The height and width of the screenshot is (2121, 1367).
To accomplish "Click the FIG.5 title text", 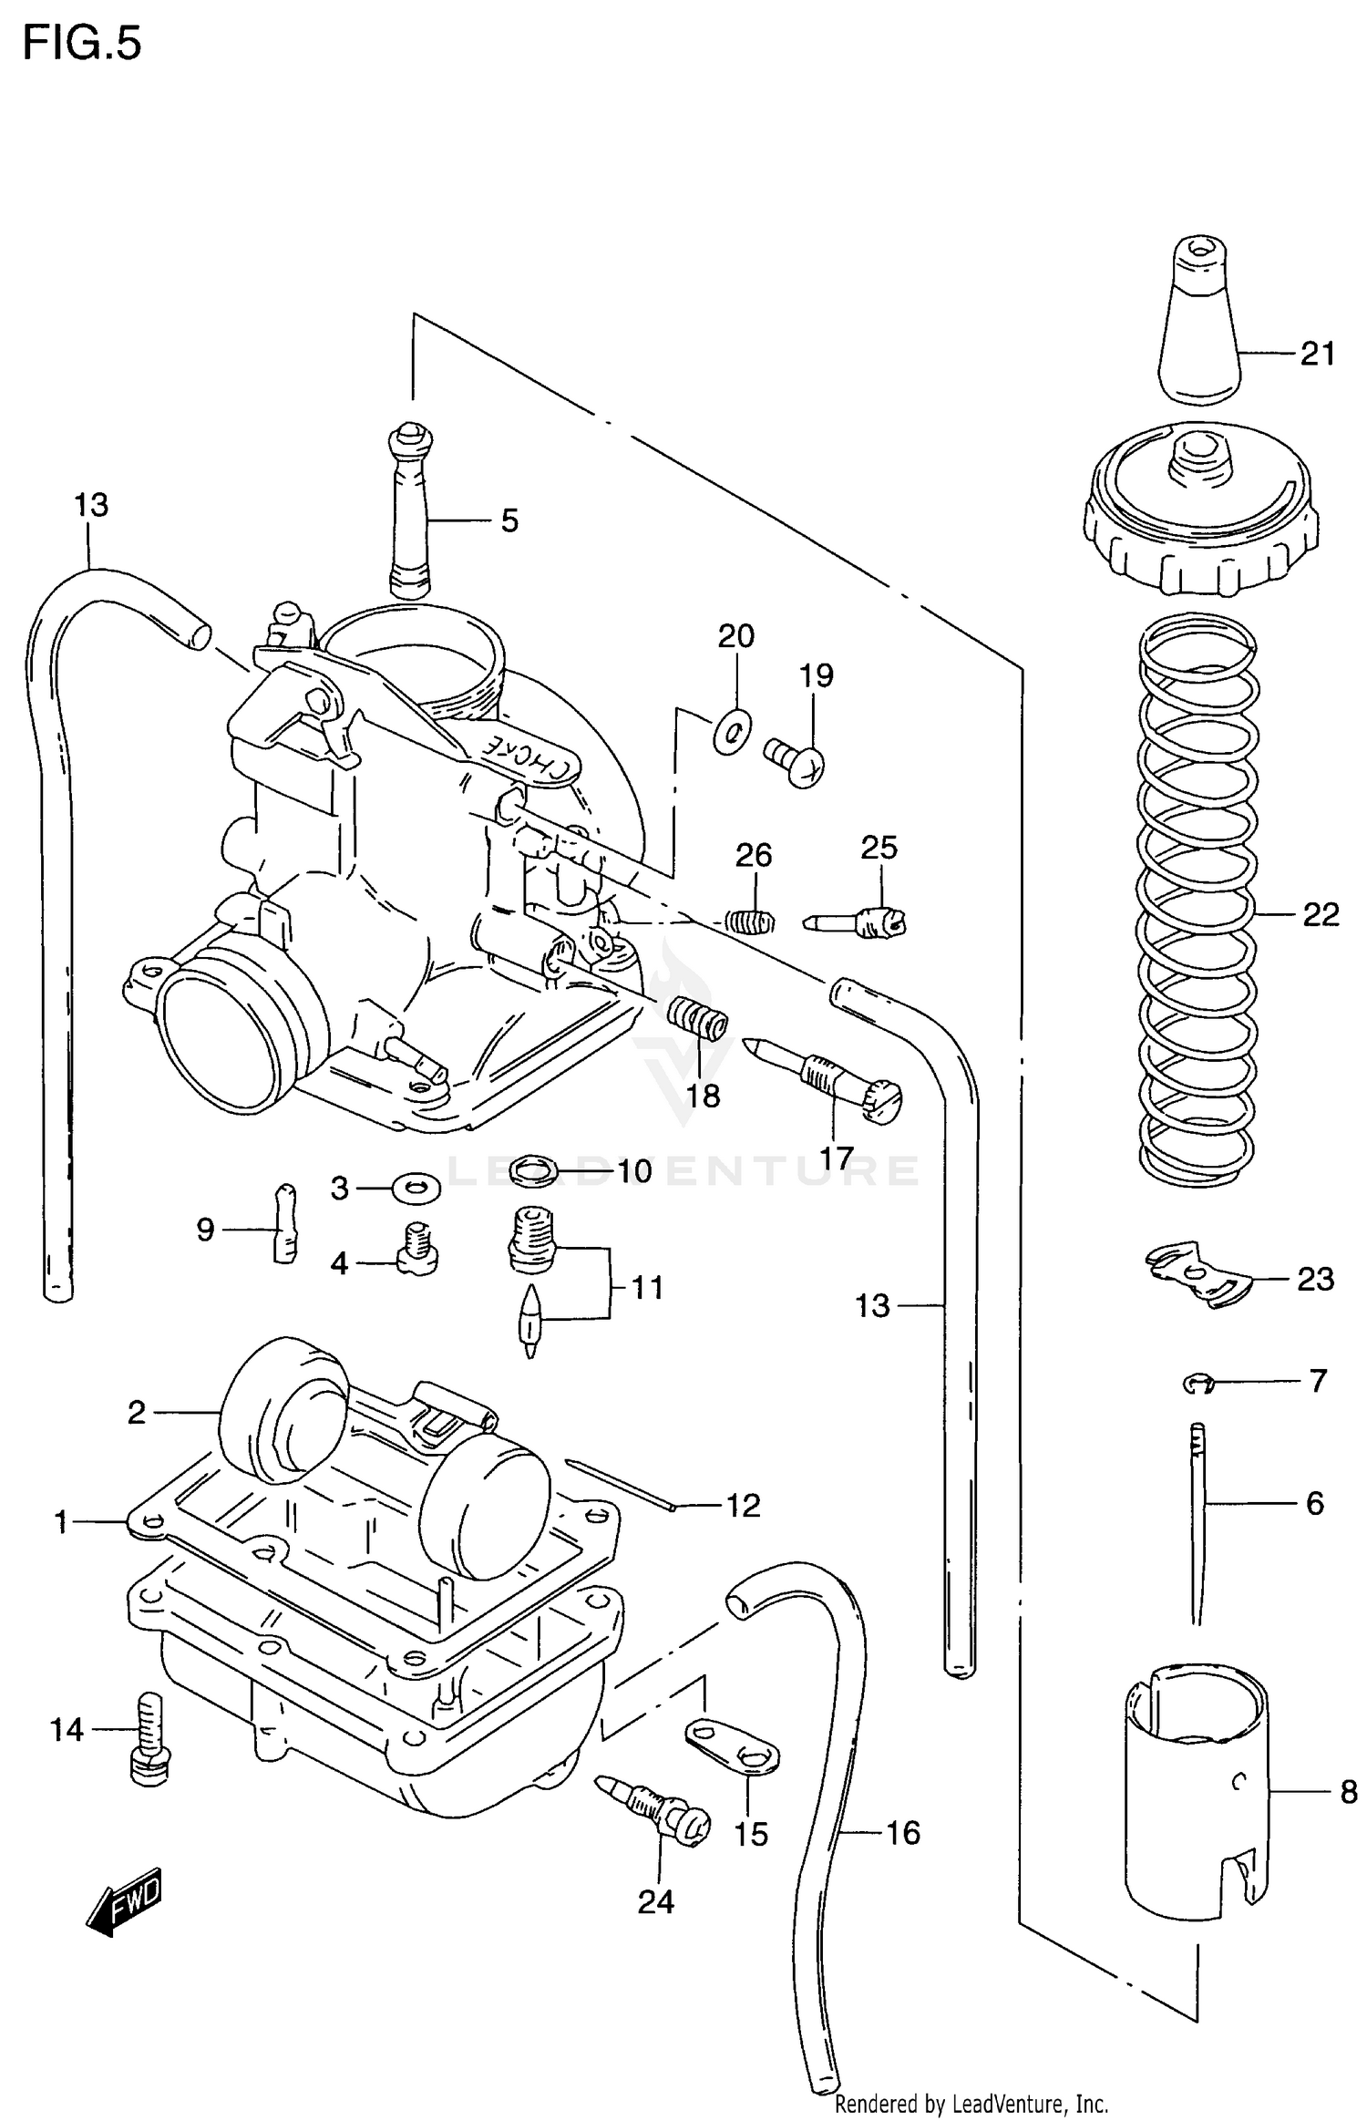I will pos(82,44).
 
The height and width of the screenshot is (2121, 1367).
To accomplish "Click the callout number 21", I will pos(1317,353).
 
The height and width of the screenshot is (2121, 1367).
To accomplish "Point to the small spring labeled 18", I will pos(699,1016).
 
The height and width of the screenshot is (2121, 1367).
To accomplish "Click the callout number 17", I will pos(836,1158).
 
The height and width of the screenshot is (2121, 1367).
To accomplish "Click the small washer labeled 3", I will pos(416,1188).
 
